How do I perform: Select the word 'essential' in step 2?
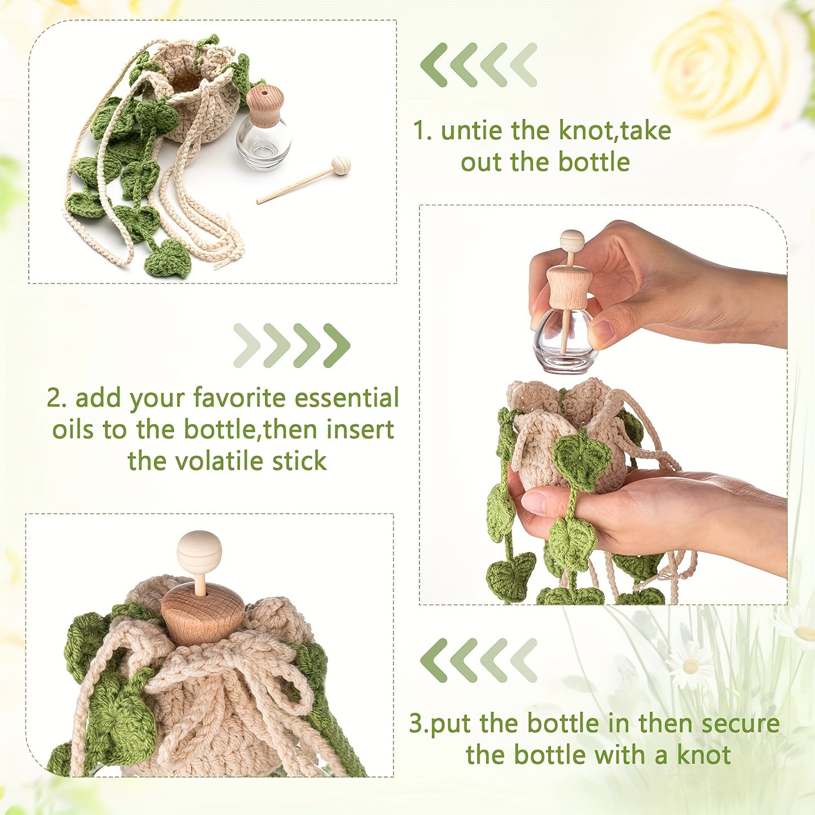pyautogui.click(x=347, y=398)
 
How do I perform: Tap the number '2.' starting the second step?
pyautogui.click(x=57, y=398)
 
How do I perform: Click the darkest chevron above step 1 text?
pyautogui.click(x=434, y=64)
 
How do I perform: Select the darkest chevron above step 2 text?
pyautogui.click(x=337, y=345)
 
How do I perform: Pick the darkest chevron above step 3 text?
pyautogui.click(x=434, y=660)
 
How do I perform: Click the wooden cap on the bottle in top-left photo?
pyautogui.click(x=265, y=105)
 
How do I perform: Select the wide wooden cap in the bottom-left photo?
pyautogui.click(x=202, y=615)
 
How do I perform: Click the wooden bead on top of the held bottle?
pyautogui.click(x=572, y=240)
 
